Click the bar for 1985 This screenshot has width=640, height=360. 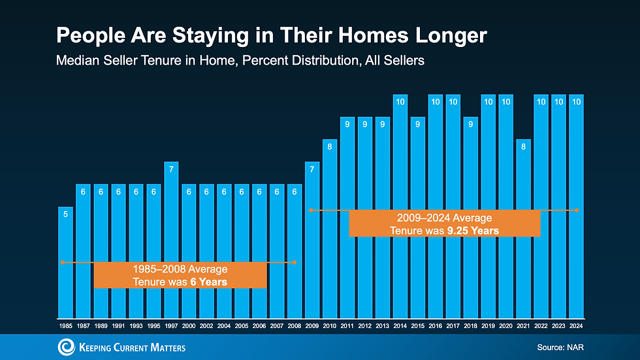click(65, 261)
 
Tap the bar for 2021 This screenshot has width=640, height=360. click(524, 228)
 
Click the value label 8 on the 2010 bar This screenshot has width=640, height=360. click(330, 146)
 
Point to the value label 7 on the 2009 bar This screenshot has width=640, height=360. click(312, 169)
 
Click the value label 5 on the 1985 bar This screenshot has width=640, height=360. click(65, 213)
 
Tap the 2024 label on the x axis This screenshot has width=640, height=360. click(577, 325)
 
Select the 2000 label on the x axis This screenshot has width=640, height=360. click(189, 325)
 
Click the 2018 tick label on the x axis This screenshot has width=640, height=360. click(471, 325)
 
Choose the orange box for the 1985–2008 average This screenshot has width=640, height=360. click(180, 275)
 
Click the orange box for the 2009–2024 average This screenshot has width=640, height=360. click(444, 223)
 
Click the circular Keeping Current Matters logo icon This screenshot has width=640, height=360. click(67, 346)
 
